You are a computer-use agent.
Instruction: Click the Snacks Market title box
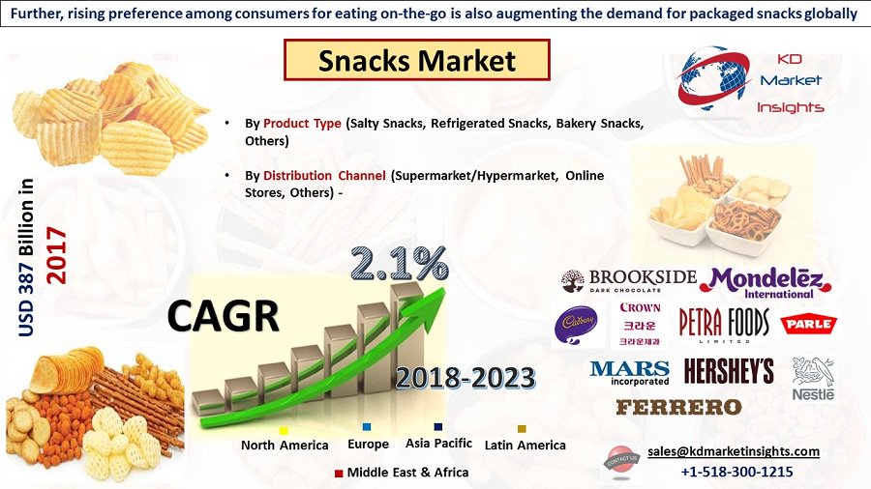click(416, 60)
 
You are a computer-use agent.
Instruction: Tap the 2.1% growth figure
click(399, 263)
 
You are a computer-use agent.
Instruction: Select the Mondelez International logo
click(766, 281)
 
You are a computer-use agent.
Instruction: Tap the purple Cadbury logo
click(575, 325)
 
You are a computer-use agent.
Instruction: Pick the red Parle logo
click(809, 324)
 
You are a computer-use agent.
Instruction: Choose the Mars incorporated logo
click(629, 372)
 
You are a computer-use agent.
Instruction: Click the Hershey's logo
click(729, 371)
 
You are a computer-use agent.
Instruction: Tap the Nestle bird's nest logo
click(812, 378)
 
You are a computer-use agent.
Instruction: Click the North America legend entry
click(284, 445)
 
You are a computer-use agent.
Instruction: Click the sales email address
click(733, 451)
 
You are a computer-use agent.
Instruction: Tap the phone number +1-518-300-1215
click(736, 473)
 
